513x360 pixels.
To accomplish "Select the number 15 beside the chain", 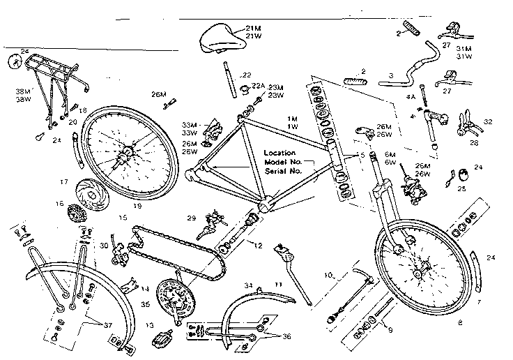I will point(123,218).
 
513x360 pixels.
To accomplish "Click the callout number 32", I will point(488,121).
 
